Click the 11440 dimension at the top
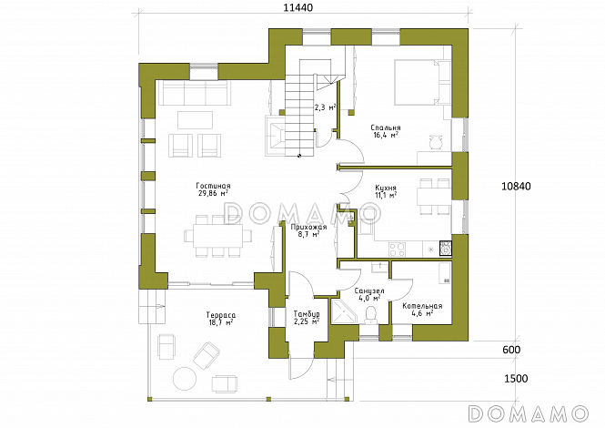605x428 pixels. point(297,7)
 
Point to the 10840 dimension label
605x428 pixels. point(516,186)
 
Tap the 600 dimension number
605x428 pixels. point(511,350)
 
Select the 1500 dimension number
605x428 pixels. point(516,379)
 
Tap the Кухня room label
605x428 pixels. point(386,189)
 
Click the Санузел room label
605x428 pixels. point(368,290)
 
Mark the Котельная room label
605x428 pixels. point(422,306)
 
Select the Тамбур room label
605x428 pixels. point(307,313)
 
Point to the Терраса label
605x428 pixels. point(221,316)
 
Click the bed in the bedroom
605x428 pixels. point(422,82)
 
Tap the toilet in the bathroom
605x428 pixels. point(372,315)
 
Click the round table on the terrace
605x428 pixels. point(185,378)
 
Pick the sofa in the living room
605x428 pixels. point(195,93)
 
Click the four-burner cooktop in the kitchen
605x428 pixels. point(397,250)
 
